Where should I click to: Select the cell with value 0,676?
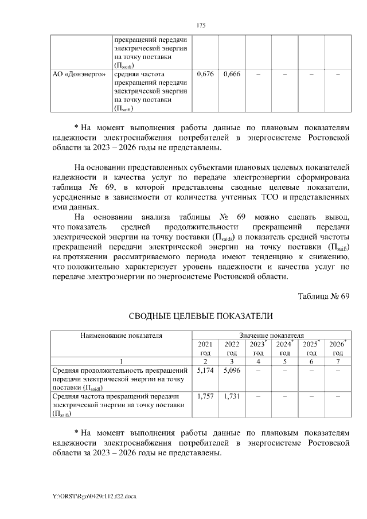coord(205,74)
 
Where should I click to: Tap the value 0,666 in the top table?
coord(232,74)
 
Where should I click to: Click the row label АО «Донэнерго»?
coord(79,74)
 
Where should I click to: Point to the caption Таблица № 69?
coord(323,296)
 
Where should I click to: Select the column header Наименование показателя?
coord(121,335)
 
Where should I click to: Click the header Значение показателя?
coord(271,335)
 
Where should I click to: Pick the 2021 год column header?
coord(205,348)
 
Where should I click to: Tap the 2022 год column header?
coord(232,348)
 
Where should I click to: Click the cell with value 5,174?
coord(205,372)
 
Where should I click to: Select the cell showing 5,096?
coord(232,372)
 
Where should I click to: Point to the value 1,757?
coord(205,396)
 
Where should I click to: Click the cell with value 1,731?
coord(232,396)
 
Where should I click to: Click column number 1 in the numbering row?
coord(121,361)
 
